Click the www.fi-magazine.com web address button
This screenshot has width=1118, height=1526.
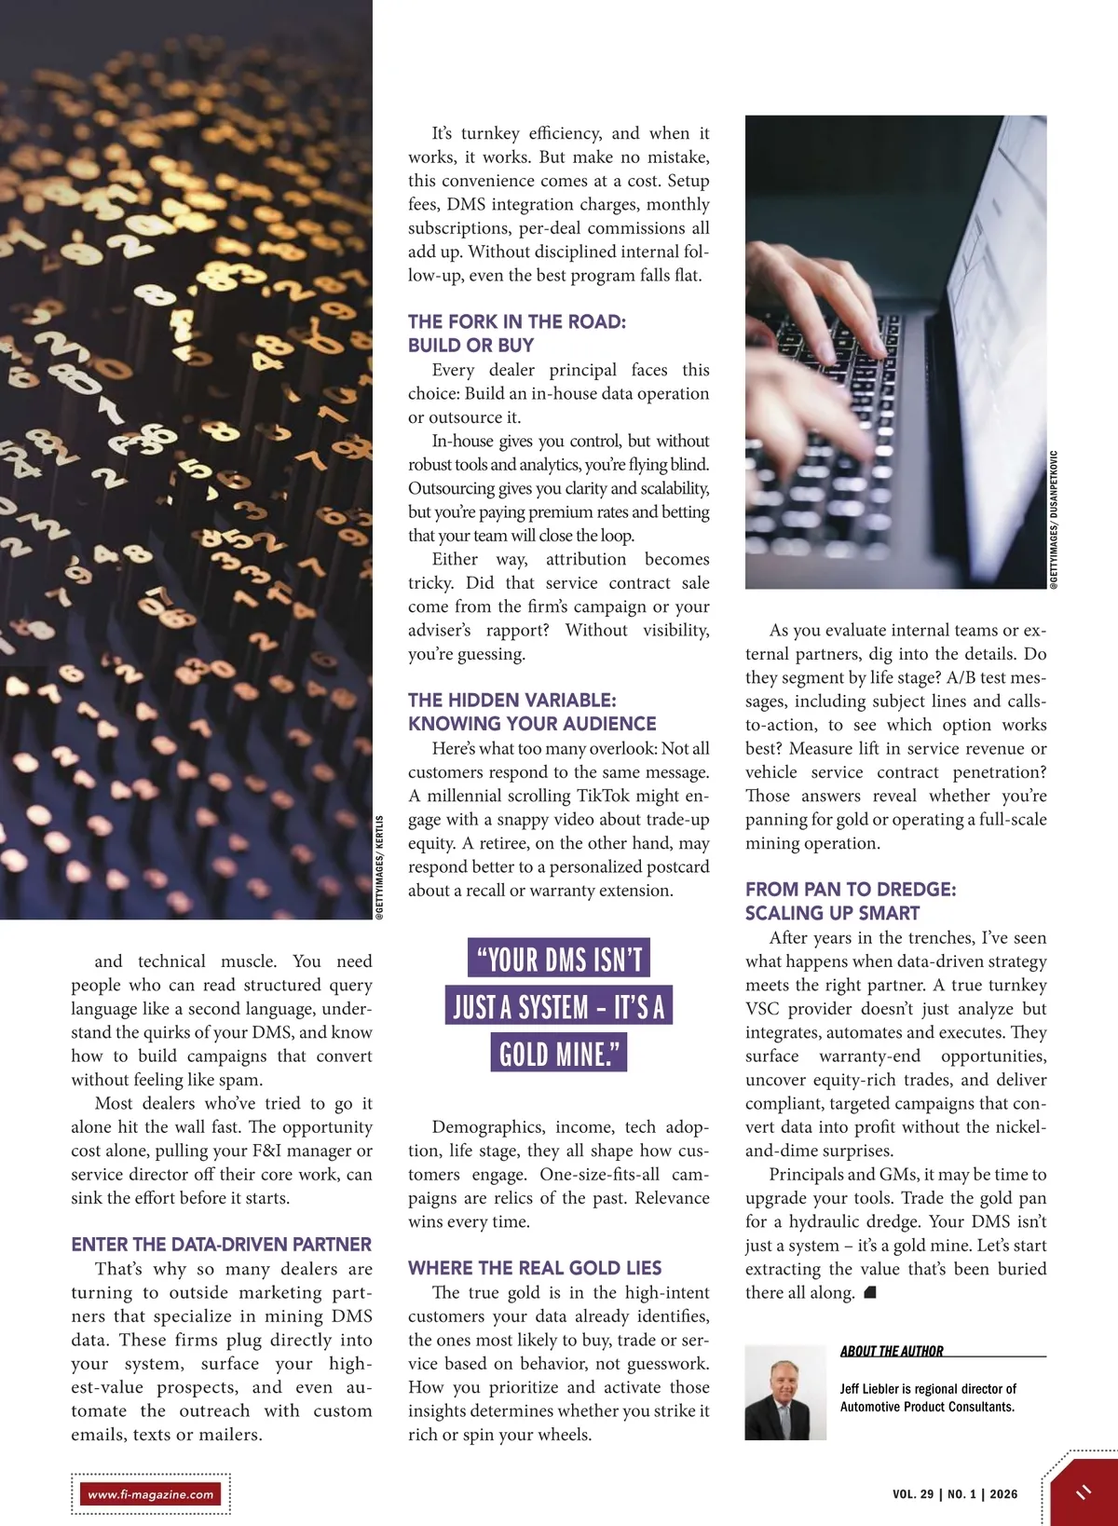[x=151, y=1494]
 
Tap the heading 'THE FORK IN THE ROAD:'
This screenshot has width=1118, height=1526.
[x=517, y=321]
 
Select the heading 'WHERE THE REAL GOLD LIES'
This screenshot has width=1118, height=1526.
[x=535, y=1268]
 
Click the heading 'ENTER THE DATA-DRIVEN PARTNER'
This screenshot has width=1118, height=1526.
[x=221, y=1245]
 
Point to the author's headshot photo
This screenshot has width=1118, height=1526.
[x=785, y=1393]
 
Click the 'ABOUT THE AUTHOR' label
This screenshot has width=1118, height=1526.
[x=892, y=1351]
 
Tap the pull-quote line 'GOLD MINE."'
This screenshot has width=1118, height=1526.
[x=558, y=1055]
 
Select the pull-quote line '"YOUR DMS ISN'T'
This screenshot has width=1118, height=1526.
[x=559, y=959]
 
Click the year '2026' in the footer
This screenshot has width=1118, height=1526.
[x=1003, y=1494]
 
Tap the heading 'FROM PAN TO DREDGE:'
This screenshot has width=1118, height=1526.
[x=851, y=890]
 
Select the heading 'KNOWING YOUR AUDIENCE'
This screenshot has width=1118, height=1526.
[x=532, y=724]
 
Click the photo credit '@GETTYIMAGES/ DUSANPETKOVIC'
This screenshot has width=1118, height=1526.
[x=1054, y=519]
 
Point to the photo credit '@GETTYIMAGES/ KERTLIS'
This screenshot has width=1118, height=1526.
[x=379, y=868]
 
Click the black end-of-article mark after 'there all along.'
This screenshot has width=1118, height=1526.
[x=870, y=1292]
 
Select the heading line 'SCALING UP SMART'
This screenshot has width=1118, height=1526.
[x=832, y=913]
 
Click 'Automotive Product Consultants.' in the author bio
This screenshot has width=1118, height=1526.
[x=927, y=1407]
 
